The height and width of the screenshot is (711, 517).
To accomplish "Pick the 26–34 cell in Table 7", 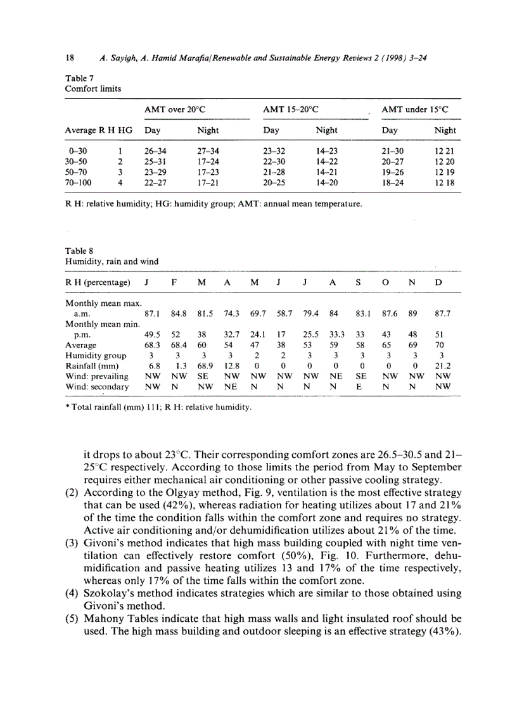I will click(x=155, y=151).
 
